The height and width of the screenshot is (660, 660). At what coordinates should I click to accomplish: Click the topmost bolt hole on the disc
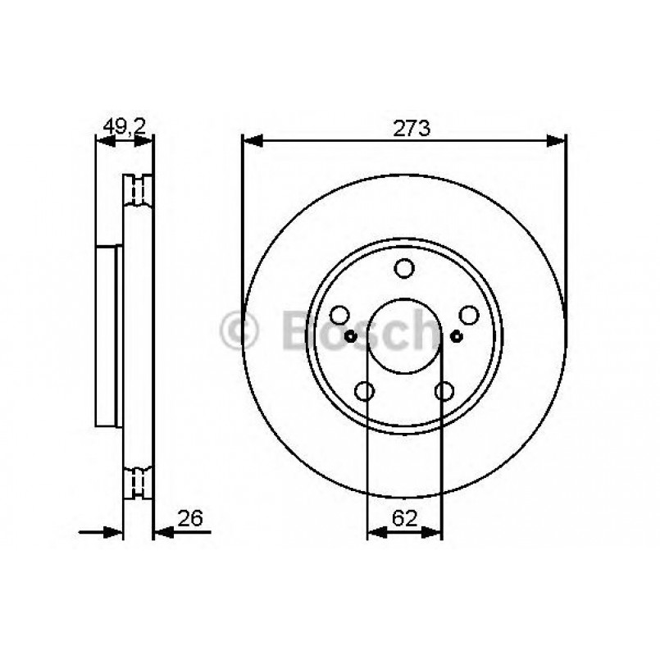click(x=404, y=268)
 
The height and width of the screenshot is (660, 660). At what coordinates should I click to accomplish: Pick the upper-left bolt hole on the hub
click(x=340, y=315)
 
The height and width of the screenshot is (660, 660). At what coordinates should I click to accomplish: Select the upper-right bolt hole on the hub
click(x=468, y=315)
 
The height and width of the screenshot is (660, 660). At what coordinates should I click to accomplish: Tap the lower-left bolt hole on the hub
click(x=365, y=391)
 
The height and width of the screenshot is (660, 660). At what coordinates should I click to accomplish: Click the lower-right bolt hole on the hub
click(x=444, y=391)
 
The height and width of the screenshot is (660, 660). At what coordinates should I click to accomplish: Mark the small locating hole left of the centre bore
click(x=351, y=336)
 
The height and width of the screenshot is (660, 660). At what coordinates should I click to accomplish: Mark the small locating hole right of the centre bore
click(x=457, y=336)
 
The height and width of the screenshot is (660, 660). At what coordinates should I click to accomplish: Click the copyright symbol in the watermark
click(x=239, y=332)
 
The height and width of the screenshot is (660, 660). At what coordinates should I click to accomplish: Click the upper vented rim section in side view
click(x=138, y=190)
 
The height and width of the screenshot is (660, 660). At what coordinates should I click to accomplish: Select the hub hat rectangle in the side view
click(x=109, y=335)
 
